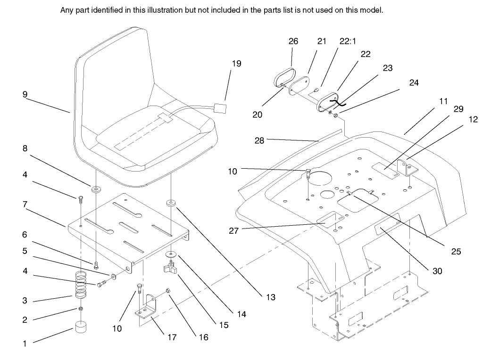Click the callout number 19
pos(236,63)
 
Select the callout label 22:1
pos(348,41)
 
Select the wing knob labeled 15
pos(168,269)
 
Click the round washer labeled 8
pos(96,189)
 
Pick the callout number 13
pos(270,297)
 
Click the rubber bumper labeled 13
pos(171,204)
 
